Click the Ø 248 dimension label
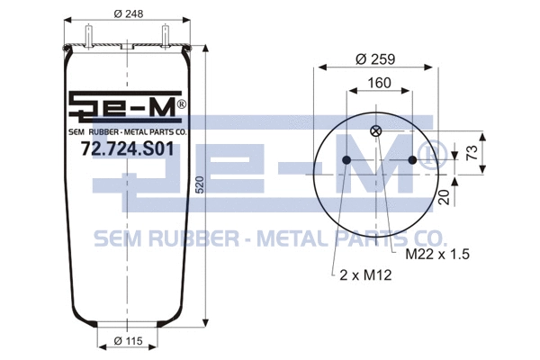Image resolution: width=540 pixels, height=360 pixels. [128, 13]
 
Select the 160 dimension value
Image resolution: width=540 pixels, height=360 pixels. [377, 83]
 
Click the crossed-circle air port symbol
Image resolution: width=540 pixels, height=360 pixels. [376, 132]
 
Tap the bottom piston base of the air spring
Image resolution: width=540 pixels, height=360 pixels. [129, 325]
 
